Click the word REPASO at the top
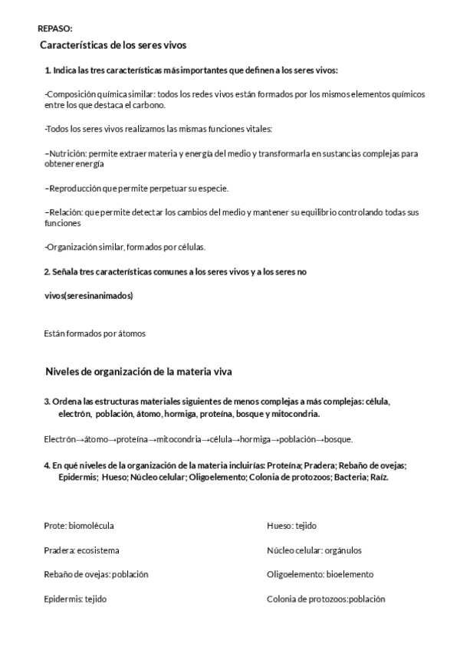(54, 28)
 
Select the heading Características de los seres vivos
(113, 46)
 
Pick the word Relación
(64, 212)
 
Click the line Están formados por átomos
(95, 333)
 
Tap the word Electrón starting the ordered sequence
(60, 439)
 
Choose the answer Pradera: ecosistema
(81, 550)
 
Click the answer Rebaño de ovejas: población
(96, 574)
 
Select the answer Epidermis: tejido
(75, 599)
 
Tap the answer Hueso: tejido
(291, 526)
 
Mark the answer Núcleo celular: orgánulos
(314, 550)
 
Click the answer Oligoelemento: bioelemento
(320, 574)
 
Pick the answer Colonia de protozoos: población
(326, 599)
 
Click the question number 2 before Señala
(47, 271)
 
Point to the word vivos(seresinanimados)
(88, 296)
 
